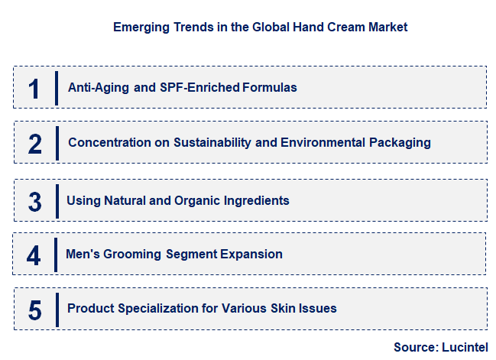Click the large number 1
coord(33,88)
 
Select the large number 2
coord(34,144)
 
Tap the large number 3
coord(34,202)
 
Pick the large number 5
coord(34,310)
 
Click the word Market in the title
coord(387,27)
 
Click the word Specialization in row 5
coord(155,309)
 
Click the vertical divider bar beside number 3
coord(57,201)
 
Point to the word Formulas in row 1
coord(270,87)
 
